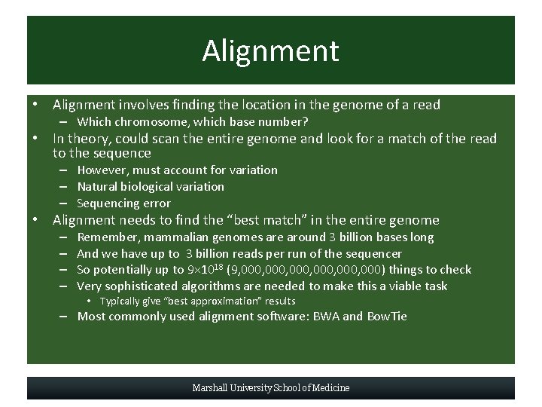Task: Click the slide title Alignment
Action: click(x=270, y=51)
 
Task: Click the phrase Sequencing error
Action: click(x=123, y=203)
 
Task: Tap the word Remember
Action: click(x=106, y=237)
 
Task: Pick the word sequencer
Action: click(x=376, y=254)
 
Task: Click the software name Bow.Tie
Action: click(x=386, y=317)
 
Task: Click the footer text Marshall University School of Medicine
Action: click(x=270, y=388)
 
